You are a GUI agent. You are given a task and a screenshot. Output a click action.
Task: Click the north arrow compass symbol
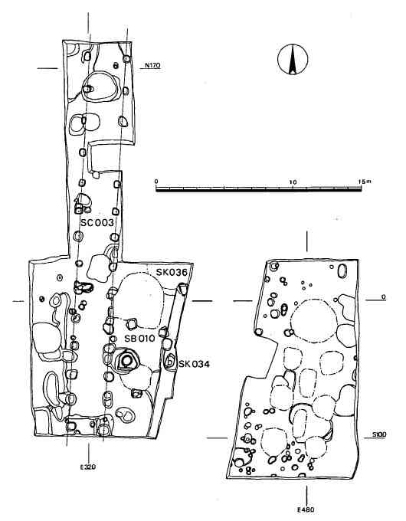[293, 59]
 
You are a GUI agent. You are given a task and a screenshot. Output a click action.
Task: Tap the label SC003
[97, 222]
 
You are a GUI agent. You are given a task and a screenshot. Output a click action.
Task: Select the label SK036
[172, 273]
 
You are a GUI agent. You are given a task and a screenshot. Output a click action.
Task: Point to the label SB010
[140, 339]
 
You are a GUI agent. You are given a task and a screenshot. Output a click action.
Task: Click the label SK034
[195, 365]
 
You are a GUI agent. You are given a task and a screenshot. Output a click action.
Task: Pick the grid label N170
[152, 65]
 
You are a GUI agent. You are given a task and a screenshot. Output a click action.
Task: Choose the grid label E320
[88, 467]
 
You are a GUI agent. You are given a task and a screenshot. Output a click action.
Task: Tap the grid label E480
[306, 510]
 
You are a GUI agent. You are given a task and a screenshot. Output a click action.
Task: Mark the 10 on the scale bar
[293, 182]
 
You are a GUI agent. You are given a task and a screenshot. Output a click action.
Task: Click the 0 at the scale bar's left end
[156, 182]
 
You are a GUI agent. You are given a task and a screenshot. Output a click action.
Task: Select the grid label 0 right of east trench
[383, 297]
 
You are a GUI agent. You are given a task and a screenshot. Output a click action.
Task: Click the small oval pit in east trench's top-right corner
[342, 271]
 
